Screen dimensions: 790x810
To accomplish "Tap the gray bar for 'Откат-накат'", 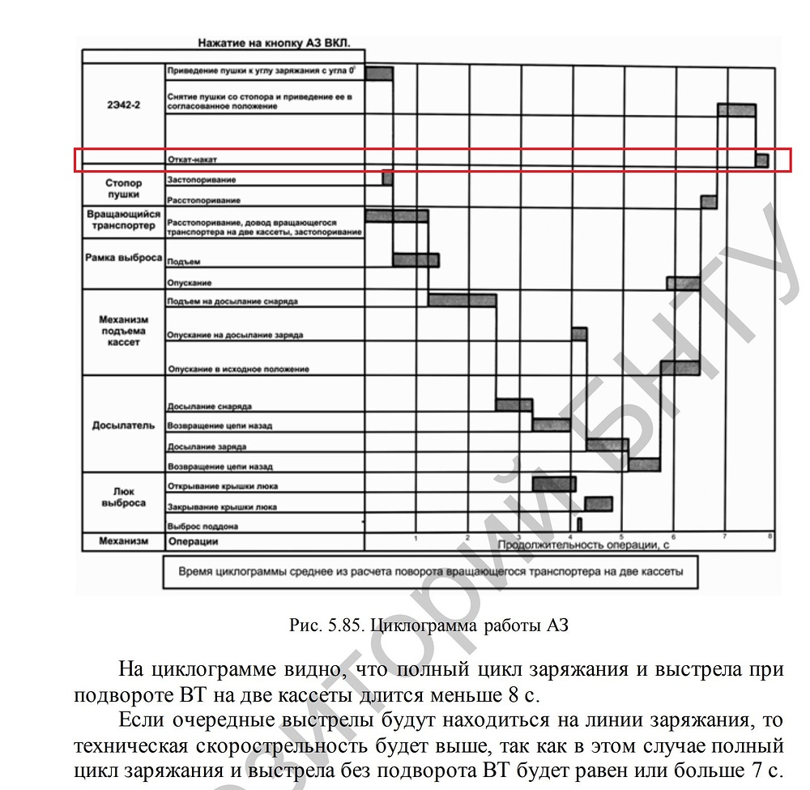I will [761, 160].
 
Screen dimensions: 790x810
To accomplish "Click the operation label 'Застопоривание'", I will [202, 179].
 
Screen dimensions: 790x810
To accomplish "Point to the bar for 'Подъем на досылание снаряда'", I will [462, 300].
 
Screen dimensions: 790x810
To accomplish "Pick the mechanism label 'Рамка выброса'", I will [123, 258].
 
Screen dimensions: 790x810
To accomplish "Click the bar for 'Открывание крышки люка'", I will [554, 484].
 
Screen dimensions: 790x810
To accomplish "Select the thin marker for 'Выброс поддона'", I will [580, 523].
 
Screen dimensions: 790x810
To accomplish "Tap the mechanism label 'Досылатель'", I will [123, 425].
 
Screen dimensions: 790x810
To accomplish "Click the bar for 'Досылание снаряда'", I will [514, 404].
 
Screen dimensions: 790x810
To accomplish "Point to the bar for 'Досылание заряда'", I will [607, 444].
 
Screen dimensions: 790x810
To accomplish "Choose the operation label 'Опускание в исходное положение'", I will [237, 369].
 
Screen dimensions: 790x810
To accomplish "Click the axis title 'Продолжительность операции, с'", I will [583, 544].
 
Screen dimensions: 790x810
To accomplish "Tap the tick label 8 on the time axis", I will [769, 536].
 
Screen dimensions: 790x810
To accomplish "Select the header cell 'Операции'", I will [193, 541].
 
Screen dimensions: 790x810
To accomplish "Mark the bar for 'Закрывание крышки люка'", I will [599, 504].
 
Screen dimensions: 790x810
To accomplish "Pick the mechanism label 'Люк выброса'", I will [123, 497].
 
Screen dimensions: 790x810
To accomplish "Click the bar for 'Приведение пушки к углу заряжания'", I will [379, 73].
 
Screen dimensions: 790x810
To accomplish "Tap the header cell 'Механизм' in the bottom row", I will [123, 541].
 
